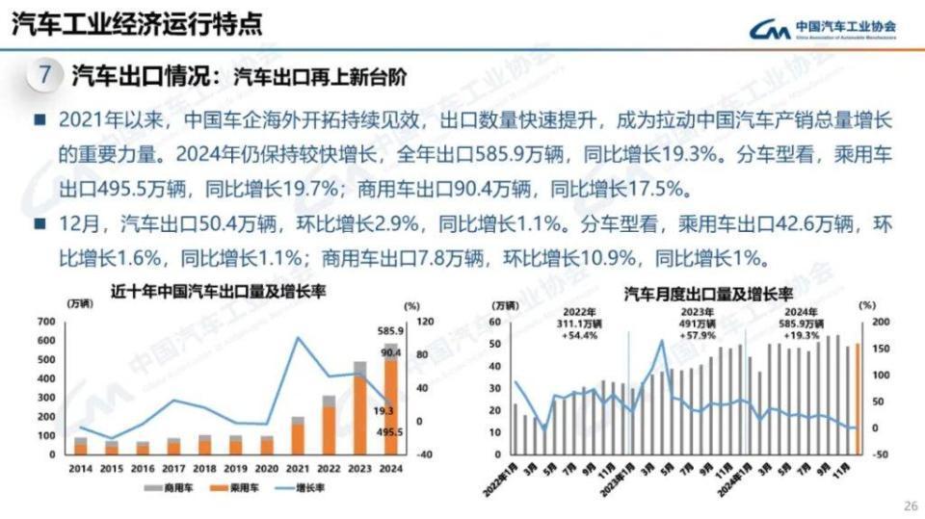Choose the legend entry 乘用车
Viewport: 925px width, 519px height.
[x=237, y=490]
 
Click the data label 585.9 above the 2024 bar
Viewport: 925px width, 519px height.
[x=391, y=331]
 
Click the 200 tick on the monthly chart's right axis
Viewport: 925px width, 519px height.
[x=880, y=322]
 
